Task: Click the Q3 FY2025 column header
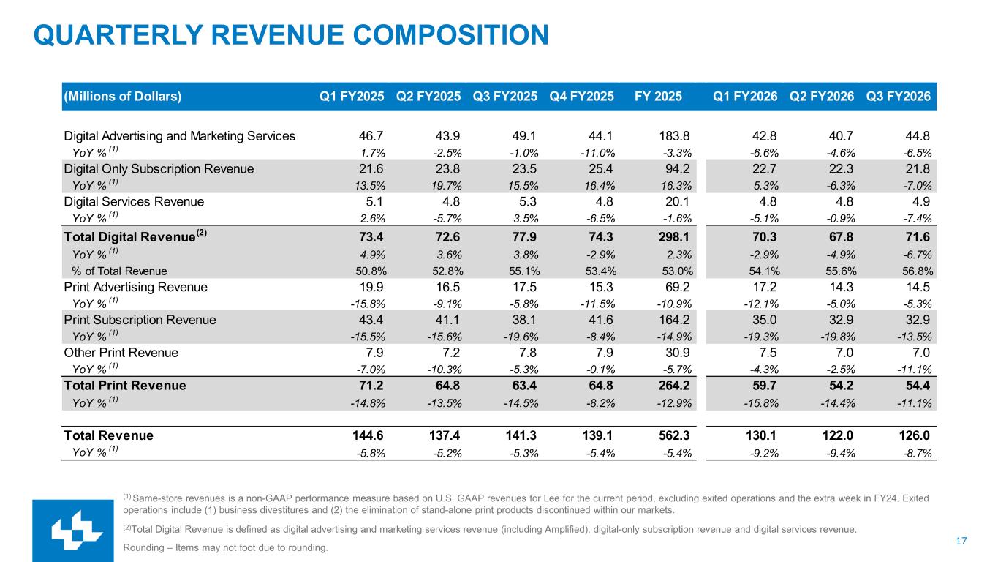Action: (x=504, y=97)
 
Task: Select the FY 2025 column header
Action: (x=658, y=97)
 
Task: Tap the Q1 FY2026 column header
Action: (x=745, y=97)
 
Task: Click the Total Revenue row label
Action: (x=108, y=435)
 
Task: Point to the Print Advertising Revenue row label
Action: (x=135, y=287)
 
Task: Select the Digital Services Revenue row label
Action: (x=134, y=202)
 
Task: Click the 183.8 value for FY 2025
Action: (x=674, y=136)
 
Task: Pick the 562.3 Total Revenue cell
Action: (x=675, y=435)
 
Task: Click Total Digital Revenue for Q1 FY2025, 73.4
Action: (x=371, y=237)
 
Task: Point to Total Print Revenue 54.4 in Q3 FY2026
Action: (x=918, y=386)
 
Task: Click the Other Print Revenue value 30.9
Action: (x=677, y=353)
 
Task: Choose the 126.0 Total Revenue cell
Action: (x=914, y=435)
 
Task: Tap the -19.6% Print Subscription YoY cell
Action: (x=521, y=337)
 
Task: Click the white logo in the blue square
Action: (x=77, y=531)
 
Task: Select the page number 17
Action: (x=961, y=541)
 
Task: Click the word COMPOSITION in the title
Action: (x=451, y=35)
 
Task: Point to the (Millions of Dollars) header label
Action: (x=123, y=97)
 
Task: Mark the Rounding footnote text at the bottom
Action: (x=225, y=547)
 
